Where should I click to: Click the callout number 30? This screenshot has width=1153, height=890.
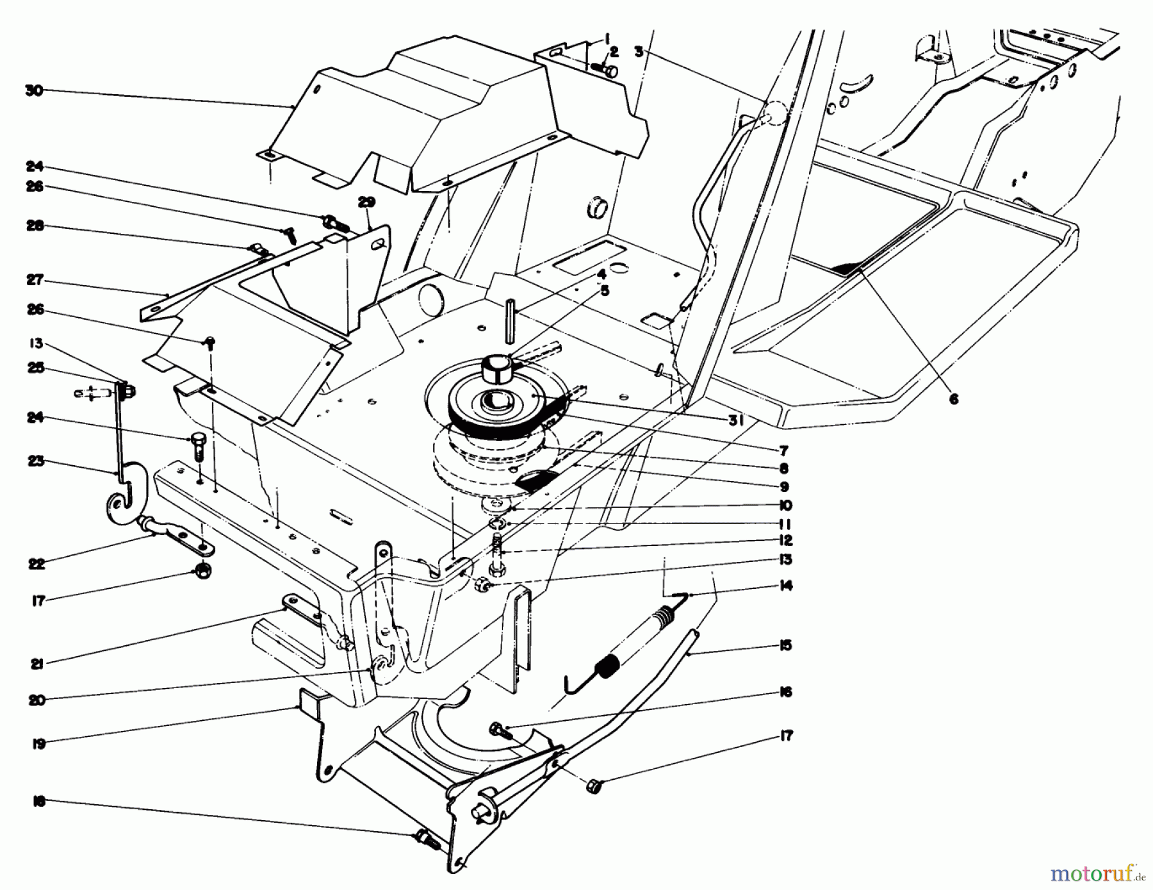(33, 90)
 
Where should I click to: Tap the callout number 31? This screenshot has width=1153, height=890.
(735, 420)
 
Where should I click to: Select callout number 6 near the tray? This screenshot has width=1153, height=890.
(953, 399)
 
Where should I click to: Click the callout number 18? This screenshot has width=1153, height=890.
(38, 802)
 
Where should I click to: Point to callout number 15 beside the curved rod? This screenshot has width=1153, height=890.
(785, 645)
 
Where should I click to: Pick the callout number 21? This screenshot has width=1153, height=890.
(37, 664)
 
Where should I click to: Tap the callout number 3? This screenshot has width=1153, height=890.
(638, 52)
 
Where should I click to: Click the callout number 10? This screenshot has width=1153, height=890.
(785, 506)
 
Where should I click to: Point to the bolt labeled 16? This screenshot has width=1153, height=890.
(498, 730)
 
